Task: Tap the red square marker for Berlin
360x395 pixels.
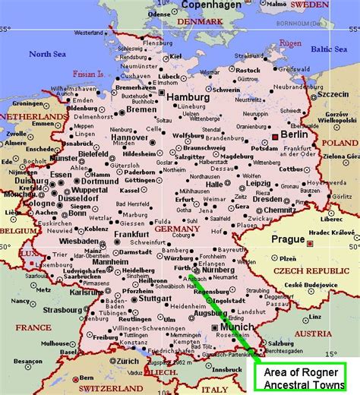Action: pyautogui.click(x=275, y=136)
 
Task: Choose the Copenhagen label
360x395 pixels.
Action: pyautogui.click(x=212, y=5)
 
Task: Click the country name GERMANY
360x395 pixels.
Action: pyautogui.click(x=175, y=228)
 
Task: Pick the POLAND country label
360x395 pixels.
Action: pyautogui.click(x=339, y=142)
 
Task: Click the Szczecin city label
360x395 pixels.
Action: pyautogui.click(x=333, y=95)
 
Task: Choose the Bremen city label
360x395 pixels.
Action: pyautogui.click(x=142, y=110)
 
